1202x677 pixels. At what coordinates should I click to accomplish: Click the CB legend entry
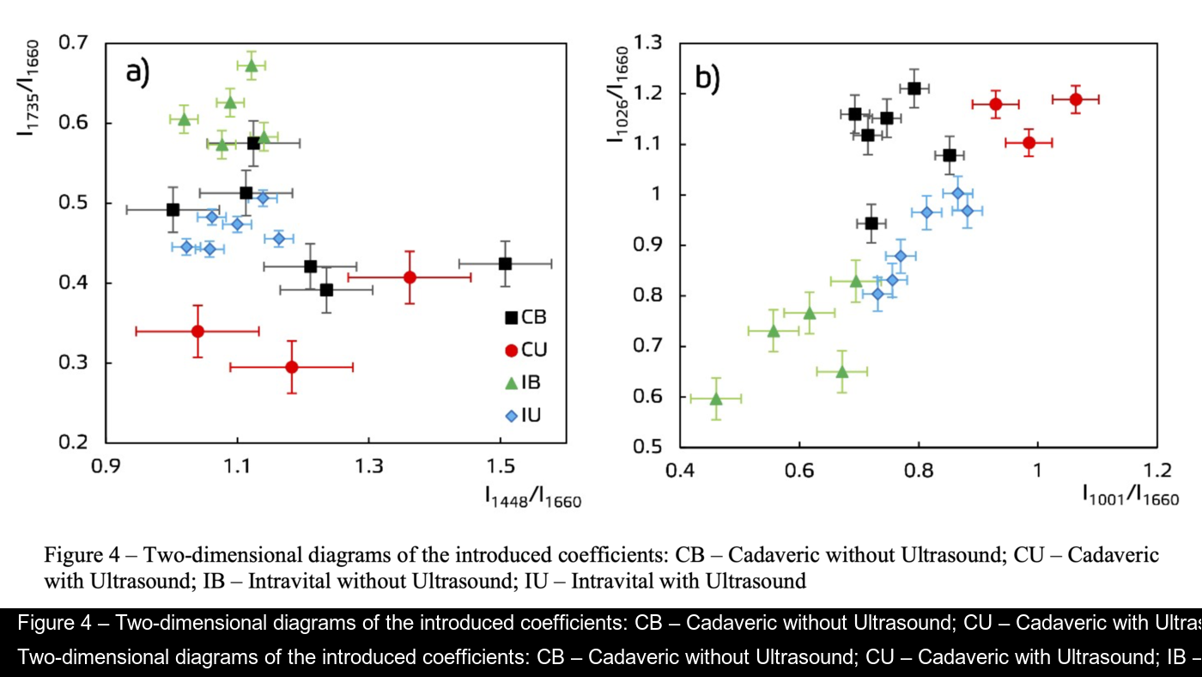point(525,317)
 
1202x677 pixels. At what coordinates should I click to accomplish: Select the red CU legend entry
point(525,350)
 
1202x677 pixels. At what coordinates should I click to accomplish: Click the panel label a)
point(138,71)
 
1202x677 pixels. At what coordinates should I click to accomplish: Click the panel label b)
point(707,78)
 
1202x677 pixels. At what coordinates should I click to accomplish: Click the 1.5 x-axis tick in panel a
point(501,467)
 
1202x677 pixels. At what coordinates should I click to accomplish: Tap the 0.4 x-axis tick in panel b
point(681,472)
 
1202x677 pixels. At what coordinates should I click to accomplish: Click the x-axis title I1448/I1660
point(533,497)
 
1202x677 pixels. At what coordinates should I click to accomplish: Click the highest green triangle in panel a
point(252,64)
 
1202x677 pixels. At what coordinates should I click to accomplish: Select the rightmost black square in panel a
point(505,263)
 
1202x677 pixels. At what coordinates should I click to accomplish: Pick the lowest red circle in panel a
point(292,367)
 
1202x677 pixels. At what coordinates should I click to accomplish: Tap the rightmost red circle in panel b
point(1076,100)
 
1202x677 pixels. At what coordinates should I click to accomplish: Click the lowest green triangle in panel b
point(716,398)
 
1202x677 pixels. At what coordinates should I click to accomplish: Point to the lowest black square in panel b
point(871,223)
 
